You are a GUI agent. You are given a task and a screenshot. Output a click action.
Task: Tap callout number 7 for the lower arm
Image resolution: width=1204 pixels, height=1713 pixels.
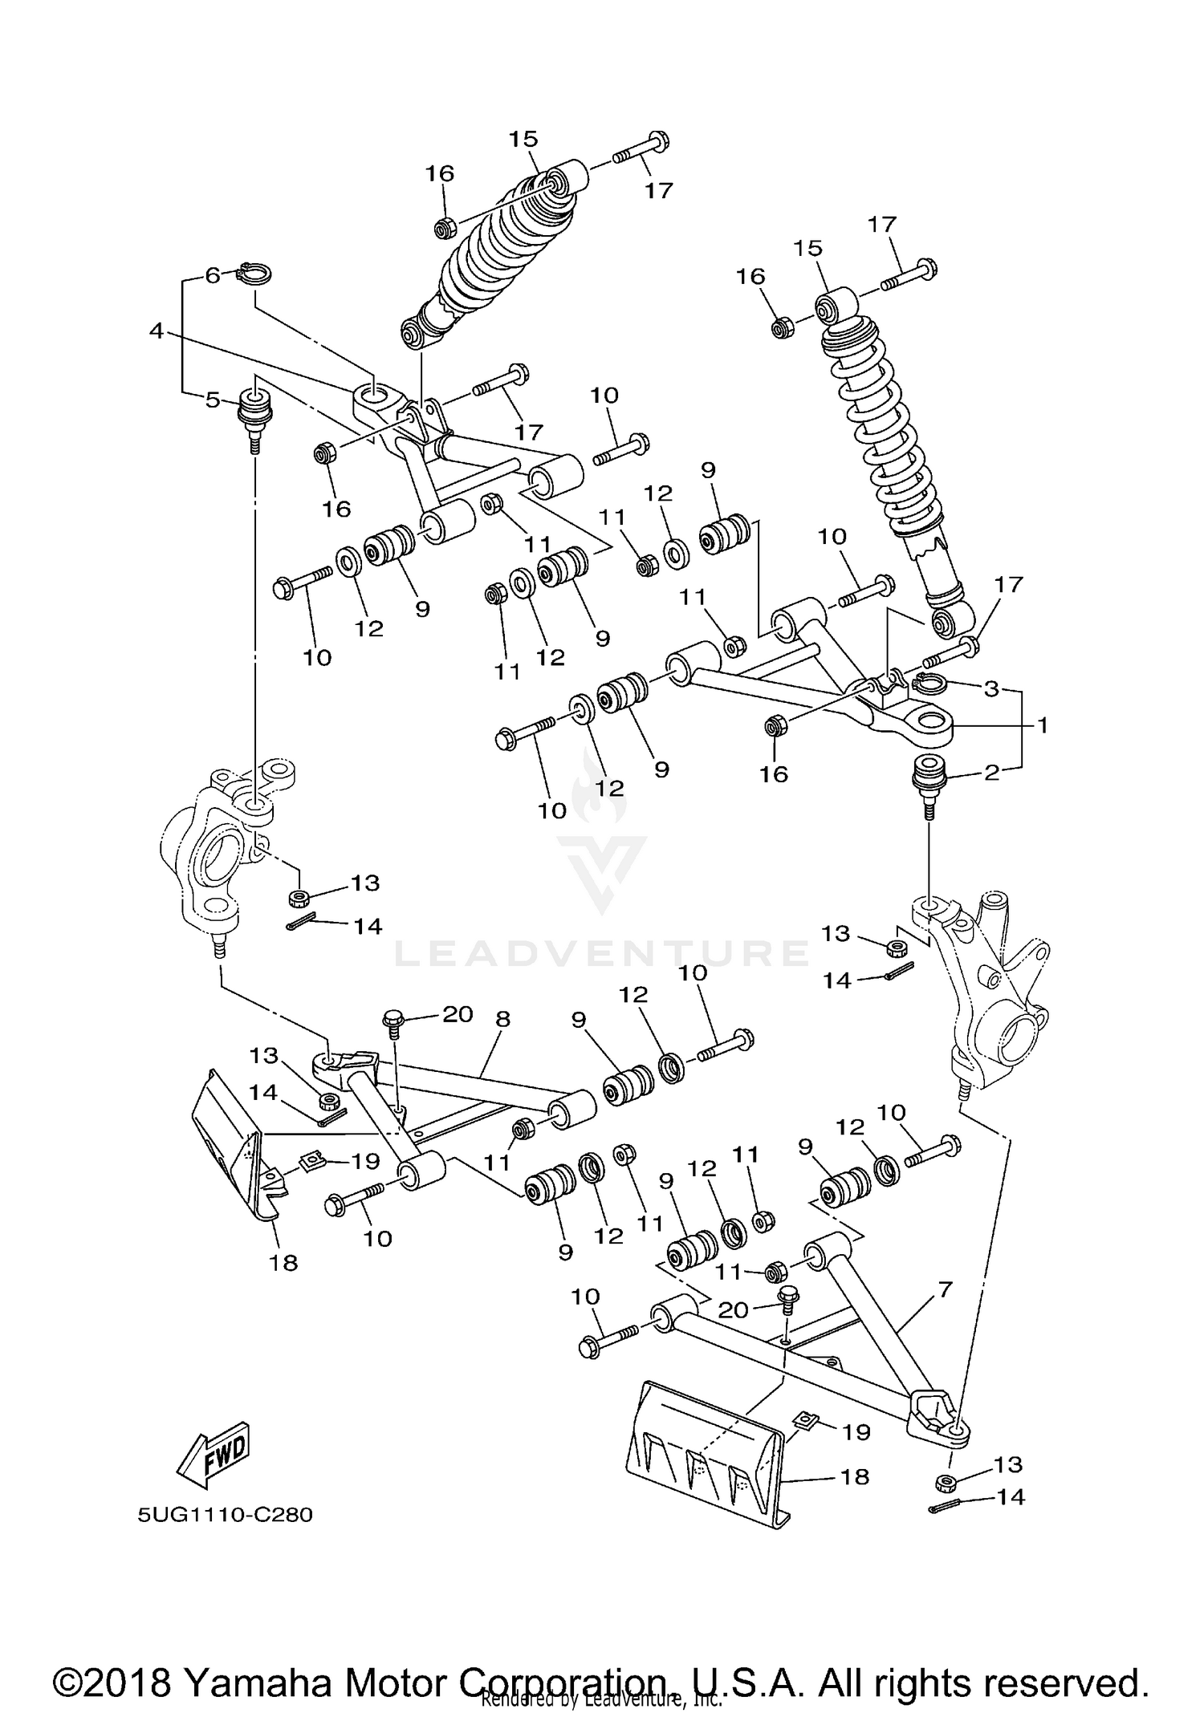tap(945, 1290)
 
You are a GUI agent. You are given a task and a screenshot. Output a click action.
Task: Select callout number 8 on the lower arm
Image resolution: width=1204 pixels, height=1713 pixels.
tap(502, 1019)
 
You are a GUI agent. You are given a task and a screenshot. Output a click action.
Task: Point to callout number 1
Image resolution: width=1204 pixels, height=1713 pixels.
tap(1042, 725)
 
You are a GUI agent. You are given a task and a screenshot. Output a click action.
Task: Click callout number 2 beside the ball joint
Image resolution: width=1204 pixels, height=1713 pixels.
tap(991, 773)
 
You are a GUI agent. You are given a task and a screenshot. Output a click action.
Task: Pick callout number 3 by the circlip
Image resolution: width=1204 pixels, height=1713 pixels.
tap(991, 688)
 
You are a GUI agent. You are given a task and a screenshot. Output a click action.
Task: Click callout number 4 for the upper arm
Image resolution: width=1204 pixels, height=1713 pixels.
tap(156, 330)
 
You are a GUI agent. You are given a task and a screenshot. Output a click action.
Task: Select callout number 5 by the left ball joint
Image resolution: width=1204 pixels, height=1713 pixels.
tap(212, 399)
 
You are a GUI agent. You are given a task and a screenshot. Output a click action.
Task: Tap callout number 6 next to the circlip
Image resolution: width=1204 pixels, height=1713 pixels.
tap(212, 275)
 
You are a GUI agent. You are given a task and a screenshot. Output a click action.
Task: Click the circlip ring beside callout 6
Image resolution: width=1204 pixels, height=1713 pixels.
tap(256, 274)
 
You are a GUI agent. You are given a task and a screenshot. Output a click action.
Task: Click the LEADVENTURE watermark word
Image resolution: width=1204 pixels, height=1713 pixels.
tap(602, 952)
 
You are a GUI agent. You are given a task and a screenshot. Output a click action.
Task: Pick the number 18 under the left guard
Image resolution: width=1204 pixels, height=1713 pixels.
tap(284, 1263)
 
